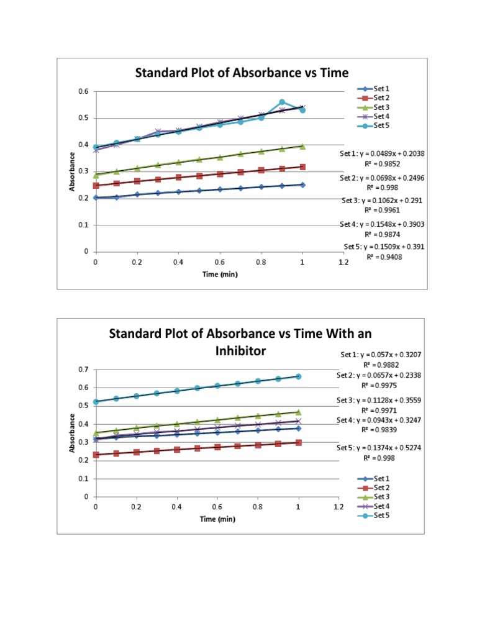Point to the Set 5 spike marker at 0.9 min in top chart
coord(282,102)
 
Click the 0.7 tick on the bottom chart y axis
coord(83,370)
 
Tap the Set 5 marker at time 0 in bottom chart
coord(96,402)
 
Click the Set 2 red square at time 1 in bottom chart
coord(299,443)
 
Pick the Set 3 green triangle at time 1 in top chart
coord(302,146)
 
